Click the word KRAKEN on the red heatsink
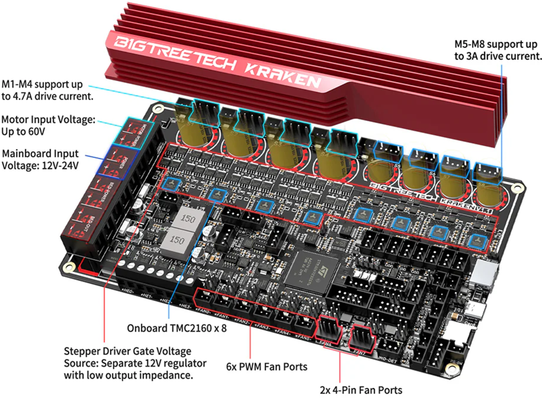282,74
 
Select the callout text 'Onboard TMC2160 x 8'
176,328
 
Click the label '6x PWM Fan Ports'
266,367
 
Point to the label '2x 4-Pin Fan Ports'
361,390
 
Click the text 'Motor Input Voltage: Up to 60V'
48,125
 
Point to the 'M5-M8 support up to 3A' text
497,50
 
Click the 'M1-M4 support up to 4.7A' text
47,90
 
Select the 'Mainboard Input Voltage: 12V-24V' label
40,159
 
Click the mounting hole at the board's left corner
69,267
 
